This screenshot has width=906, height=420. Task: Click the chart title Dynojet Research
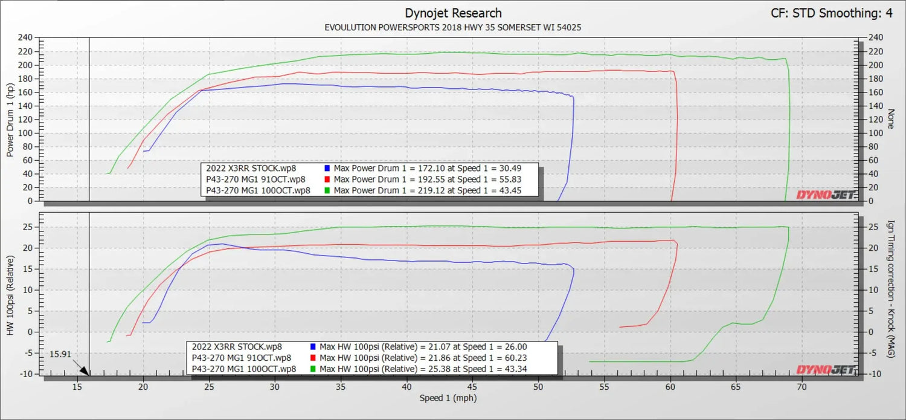(x=453, y=13)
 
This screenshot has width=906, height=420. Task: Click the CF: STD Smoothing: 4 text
(x=832, y=13)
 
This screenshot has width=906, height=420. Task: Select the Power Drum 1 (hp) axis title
(x=10, y=120)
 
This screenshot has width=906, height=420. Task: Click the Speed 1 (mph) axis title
(x=448, y=398)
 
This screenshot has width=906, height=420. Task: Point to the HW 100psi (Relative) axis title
(x=10, y=296)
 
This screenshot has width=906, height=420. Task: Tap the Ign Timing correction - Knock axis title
(x=890, y=289)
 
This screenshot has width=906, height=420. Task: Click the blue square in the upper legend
(x=327, y=169)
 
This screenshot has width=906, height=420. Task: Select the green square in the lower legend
(x=313, y=369)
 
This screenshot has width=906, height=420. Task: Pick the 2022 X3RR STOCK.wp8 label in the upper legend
(x=251, y=169)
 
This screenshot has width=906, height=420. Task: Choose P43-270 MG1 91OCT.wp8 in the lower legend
(x=242, y=358)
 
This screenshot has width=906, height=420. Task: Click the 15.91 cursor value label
(x=60, y=355)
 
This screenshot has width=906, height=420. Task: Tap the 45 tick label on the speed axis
(x=472, y=387)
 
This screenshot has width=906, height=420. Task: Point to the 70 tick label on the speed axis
(x=802, y=387)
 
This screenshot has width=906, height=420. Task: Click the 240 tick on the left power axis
(x=25, y=37)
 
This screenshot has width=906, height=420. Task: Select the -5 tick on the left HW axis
(x=28, y=354)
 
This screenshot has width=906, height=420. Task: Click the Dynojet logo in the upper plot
(x=826, y=195)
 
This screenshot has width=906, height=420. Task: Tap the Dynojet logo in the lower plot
(x=826, y=370)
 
